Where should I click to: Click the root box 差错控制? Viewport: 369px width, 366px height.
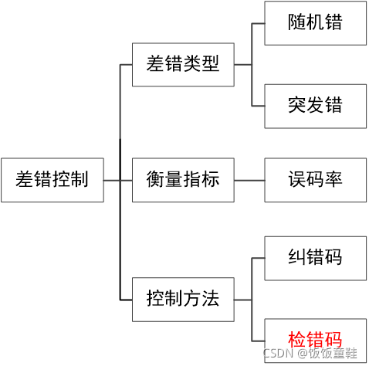coord(52,181)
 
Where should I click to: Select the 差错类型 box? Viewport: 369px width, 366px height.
coord(183,64)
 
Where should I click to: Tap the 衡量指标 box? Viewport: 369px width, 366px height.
coord(183,180)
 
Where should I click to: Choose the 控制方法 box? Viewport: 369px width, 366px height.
coord(183,297)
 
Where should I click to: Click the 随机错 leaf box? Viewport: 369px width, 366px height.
coord(315,23)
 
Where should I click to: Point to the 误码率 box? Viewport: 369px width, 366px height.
coord(315,180)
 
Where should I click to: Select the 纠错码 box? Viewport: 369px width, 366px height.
coord(315,258)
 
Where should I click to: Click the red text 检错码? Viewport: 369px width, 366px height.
coord(315,338)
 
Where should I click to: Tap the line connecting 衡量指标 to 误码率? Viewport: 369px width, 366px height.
coord(249,181)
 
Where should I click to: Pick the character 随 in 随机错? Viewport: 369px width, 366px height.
coord(297,23)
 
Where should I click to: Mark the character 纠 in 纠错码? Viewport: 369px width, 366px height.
coord(297,258)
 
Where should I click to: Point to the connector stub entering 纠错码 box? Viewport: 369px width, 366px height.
coord(259,258)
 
